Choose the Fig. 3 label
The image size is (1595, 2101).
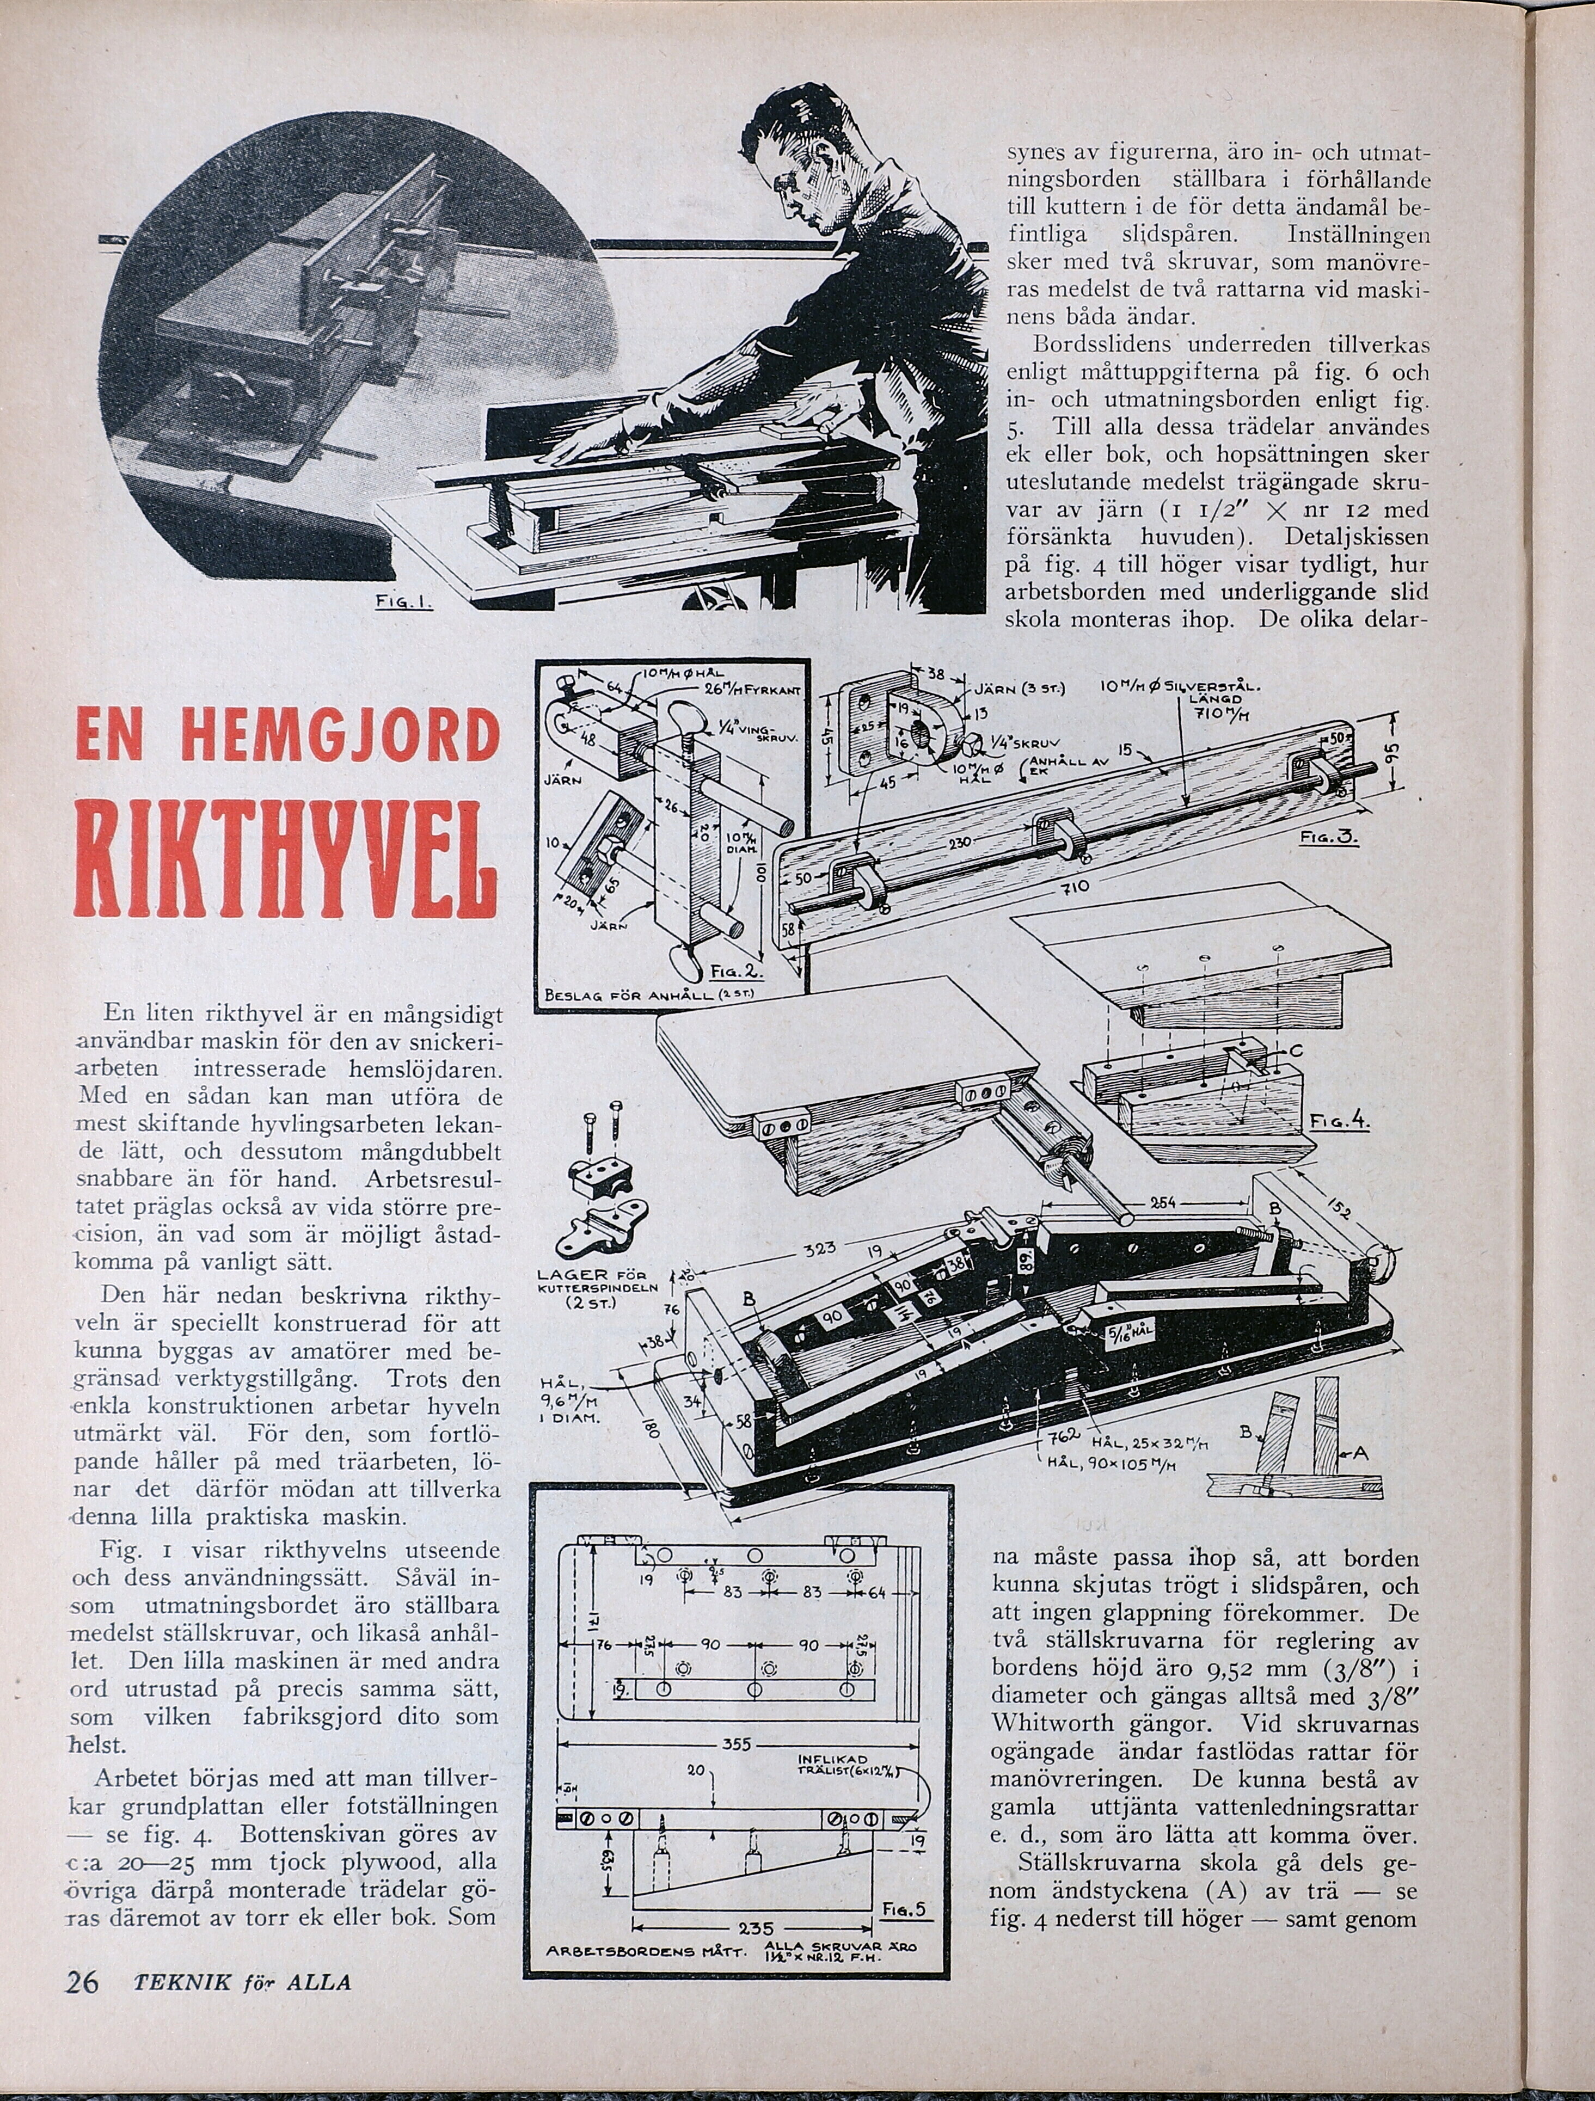(x=1328, y=839)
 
